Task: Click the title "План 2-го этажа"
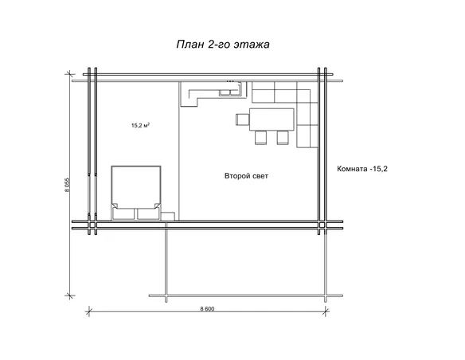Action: point(223,44)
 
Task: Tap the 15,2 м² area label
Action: point(140,125)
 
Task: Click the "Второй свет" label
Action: point(246,176)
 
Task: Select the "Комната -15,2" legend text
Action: point(362,169)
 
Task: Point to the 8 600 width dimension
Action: point(207,309)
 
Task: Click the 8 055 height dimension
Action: point(68,185)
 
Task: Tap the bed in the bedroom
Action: point(136,193)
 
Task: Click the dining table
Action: point(272,119)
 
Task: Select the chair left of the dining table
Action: point(243,119)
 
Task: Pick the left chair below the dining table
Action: point(260,138)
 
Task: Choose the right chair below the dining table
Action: point(283,138)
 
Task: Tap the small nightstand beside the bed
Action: point(168,216)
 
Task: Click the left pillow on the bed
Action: point(124,213)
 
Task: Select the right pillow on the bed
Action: point(148,213)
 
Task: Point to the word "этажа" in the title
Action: point(252,45)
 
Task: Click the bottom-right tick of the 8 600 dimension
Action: point(326,311)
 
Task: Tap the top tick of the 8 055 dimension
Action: point(70,74)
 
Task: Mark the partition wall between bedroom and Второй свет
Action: point(179,151)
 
